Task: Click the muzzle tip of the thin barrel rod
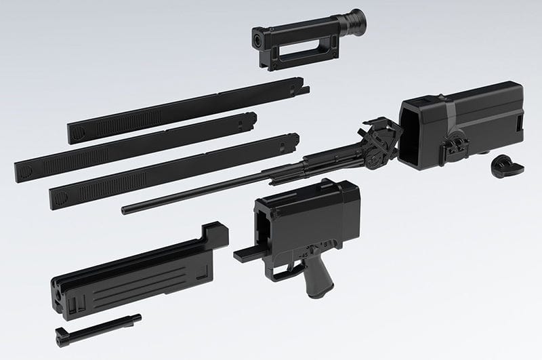pos(125,209)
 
